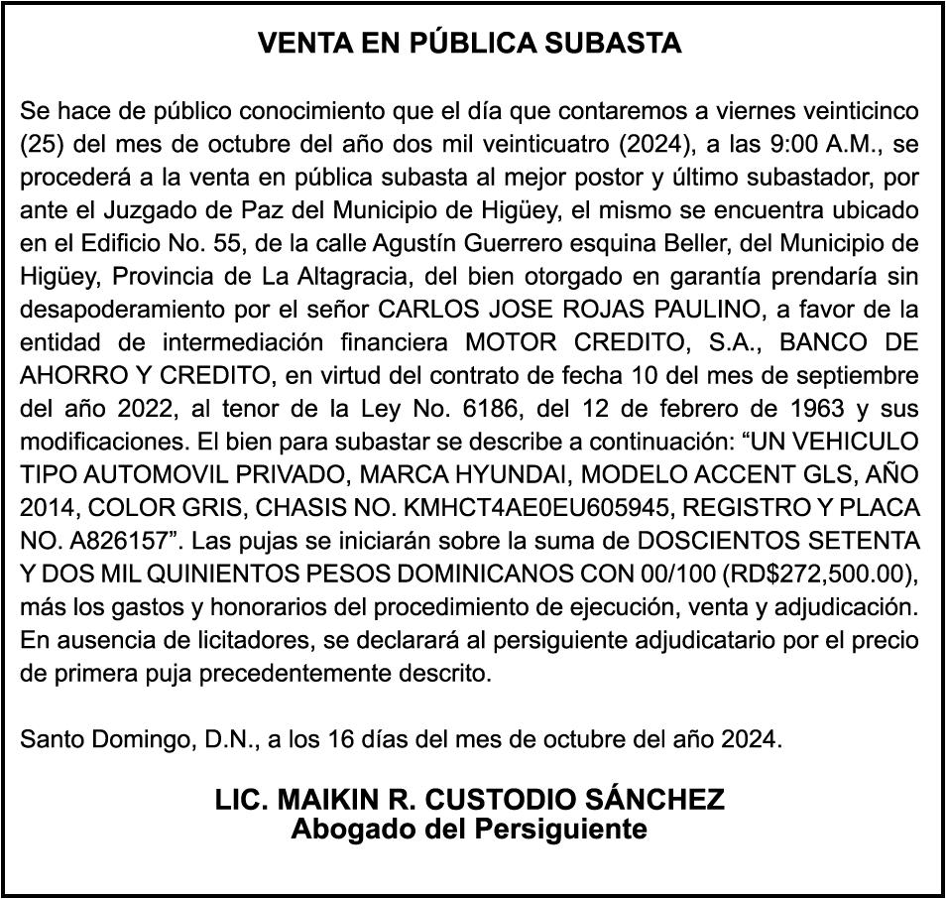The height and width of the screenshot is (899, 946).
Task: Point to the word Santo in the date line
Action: pos(49,739)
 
